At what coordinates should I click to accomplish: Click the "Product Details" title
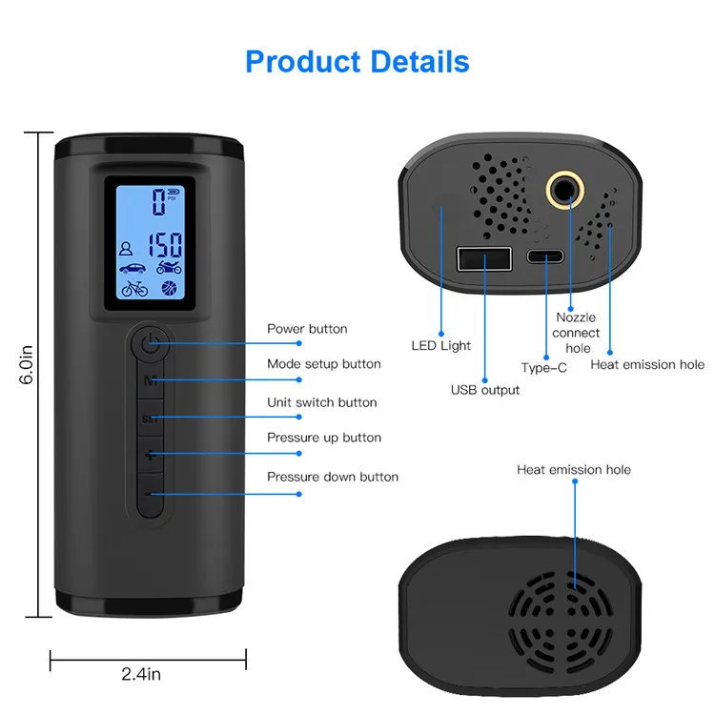coord(357,61)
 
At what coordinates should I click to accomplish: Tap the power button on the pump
coord(149,342)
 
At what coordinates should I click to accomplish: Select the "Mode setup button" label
coord(323,364)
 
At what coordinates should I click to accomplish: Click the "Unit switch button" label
coord(321,402)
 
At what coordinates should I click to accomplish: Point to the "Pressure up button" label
coord(323,438)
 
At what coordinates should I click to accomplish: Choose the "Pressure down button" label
coord(332,477)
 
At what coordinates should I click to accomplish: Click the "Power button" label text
coord(306,329)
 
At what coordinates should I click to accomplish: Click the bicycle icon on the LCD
coord(134,288)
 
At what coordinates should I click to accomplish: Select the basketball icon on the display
coord(170,287)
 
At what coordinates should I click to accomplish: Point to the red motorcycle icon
coord(170,269)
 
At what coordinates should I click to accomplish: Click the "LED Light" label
coord(440,346)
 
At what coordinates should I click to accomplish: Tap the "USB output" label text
coord(485,390)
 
